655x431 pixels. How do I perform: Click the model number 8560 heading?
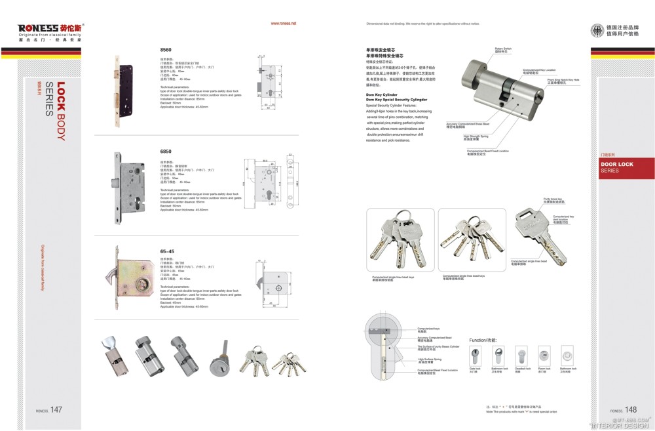[166, 50]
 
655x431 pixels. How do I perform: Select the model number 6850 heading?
[166, 151]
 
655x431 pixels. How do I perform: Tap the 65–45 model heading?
[167, 251]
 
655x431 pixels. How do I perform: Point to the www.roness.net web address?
[284, 23]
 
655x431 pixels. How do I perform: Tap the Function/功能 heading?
[483, 340]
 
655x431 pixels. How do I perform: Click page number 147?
[56, 410]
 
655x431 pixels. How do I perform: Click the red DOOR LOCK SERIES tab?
[626, 167]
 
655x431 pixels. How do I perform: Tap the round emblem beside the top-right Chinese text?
[596, 30]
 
